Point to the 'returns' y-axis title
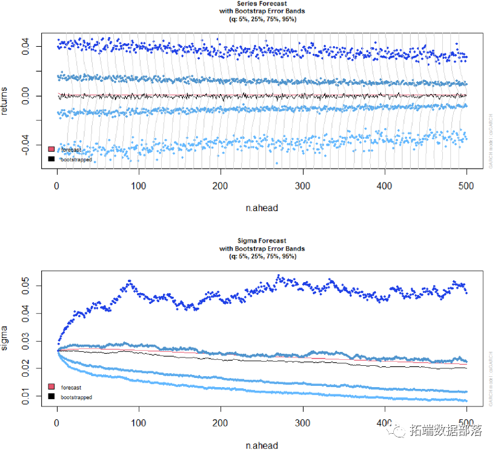point(7,101)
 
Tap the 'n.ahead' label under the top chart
point(262,208)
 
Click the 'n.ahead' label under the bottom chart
point(262,445)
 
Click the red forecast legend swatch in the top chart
point(51,149)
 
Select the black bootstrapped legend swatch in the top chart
point(51,159)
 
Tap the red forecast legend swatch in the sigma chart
point(51,387)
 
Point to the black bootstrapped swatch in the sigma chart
point(51,397)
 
